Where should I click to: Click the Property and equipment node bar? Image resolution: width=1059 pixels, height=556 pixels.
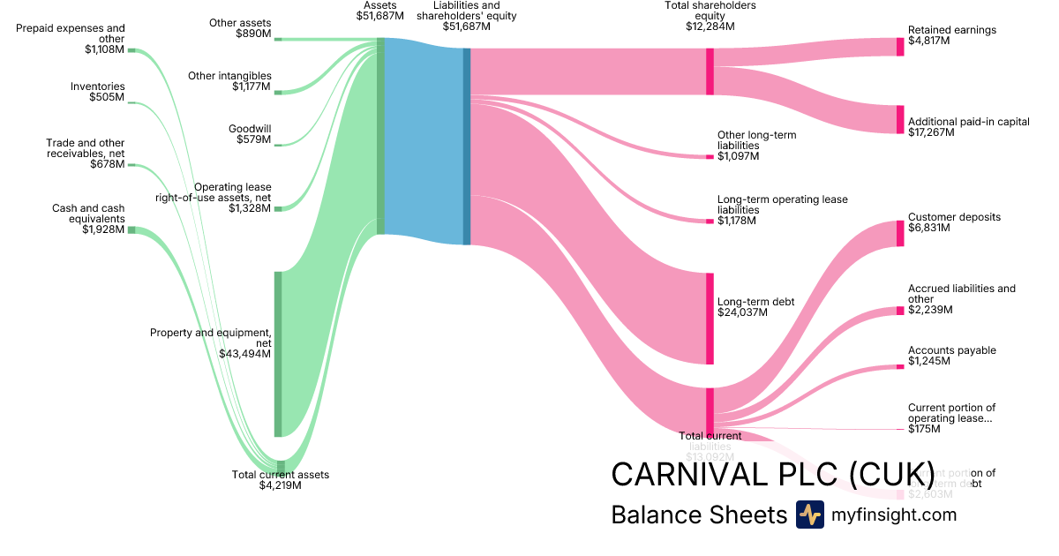277,354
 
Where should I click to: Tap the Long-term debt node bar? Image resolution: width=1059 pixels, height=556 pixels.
710,318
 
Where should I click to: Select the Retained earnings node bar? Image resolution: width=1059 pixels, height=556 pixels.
900,47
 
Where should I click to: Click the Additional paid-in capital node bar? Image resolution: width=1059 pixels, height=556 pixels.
900,119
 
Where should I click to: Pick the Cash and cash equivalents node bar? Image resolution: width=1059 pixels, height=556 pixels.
131,229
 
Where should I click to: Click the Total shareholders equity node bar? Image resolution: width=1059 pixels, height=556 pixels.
710,71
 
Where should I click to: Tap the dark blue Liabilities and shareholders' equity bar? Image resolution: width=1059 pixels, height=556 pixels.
467,146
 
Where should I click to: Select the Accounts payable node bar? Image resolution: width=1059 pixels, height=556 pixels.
900,366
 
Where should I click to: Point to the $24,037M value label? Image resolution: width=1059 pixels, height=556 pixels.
745,312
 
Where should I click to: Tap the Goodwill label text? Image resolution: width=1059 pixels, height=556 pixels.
250,129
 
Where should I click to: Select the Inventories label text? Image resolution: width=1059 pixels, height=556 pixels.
98,86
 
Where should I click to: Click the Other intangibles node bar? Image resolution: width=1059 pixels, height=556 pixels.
277,92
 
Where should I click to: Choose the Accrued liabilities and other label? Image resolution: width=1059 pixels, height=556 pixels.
961,294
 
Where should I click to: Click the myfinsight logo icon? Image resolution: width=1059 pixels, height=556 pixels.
809,515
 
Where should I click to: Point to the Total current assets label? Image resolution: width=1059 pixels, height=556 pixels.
280,475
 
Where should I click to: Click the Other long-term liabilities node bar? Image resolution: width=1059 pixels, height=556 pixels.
710,157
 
